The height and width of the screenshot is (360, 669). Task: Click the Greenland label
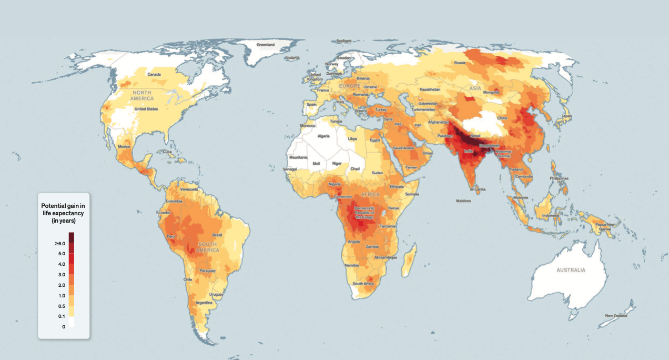coord(265,45)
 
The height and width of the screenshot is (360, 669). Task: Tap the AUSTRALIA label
coord(571,270)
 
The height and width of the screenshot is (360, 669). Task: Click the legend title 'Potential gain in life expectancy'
coord(63,213)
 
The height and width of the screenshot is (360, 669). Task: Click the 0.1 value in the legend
coord(61,316)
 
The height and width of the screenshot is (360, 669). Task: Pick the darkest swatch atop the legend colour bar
coord(71,237)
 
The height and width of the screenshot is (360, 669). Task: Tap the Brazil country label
coord(217,235)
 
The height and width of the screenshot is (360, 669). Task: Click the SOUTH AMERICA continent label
coord(208,247)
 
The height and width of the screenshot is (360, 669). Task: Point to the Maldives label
coord(463,201)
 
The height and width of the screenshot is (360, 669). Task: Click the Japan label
coord(566,116)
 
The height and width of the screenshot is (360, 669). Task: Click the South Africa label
coord(363,284)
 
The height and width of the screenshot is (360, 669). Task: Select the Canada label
coord(154,74)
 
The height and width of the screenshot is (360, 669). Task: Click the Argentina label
coord(205,303)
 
